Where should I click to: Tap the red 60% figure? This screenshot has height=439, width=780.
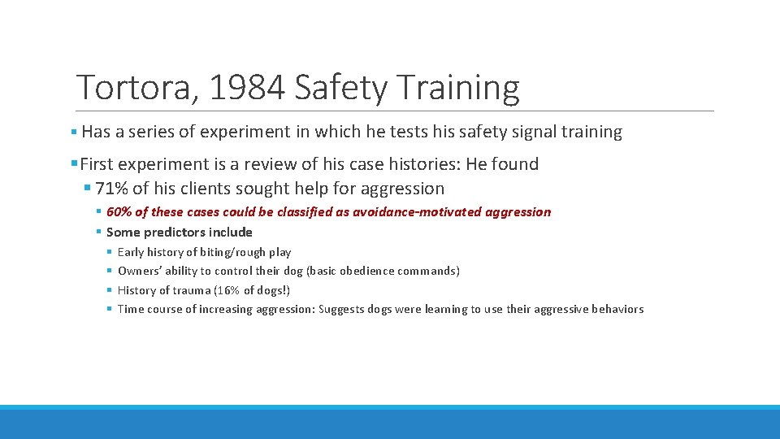click(118, 212)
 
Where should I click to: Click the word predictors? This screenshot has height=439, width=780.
click(173, 233)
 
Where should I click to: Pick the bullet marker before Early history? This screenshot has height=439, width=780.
click(109, 253)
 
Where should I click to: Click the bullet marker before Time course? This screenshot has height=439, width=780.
click(109, 309)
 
